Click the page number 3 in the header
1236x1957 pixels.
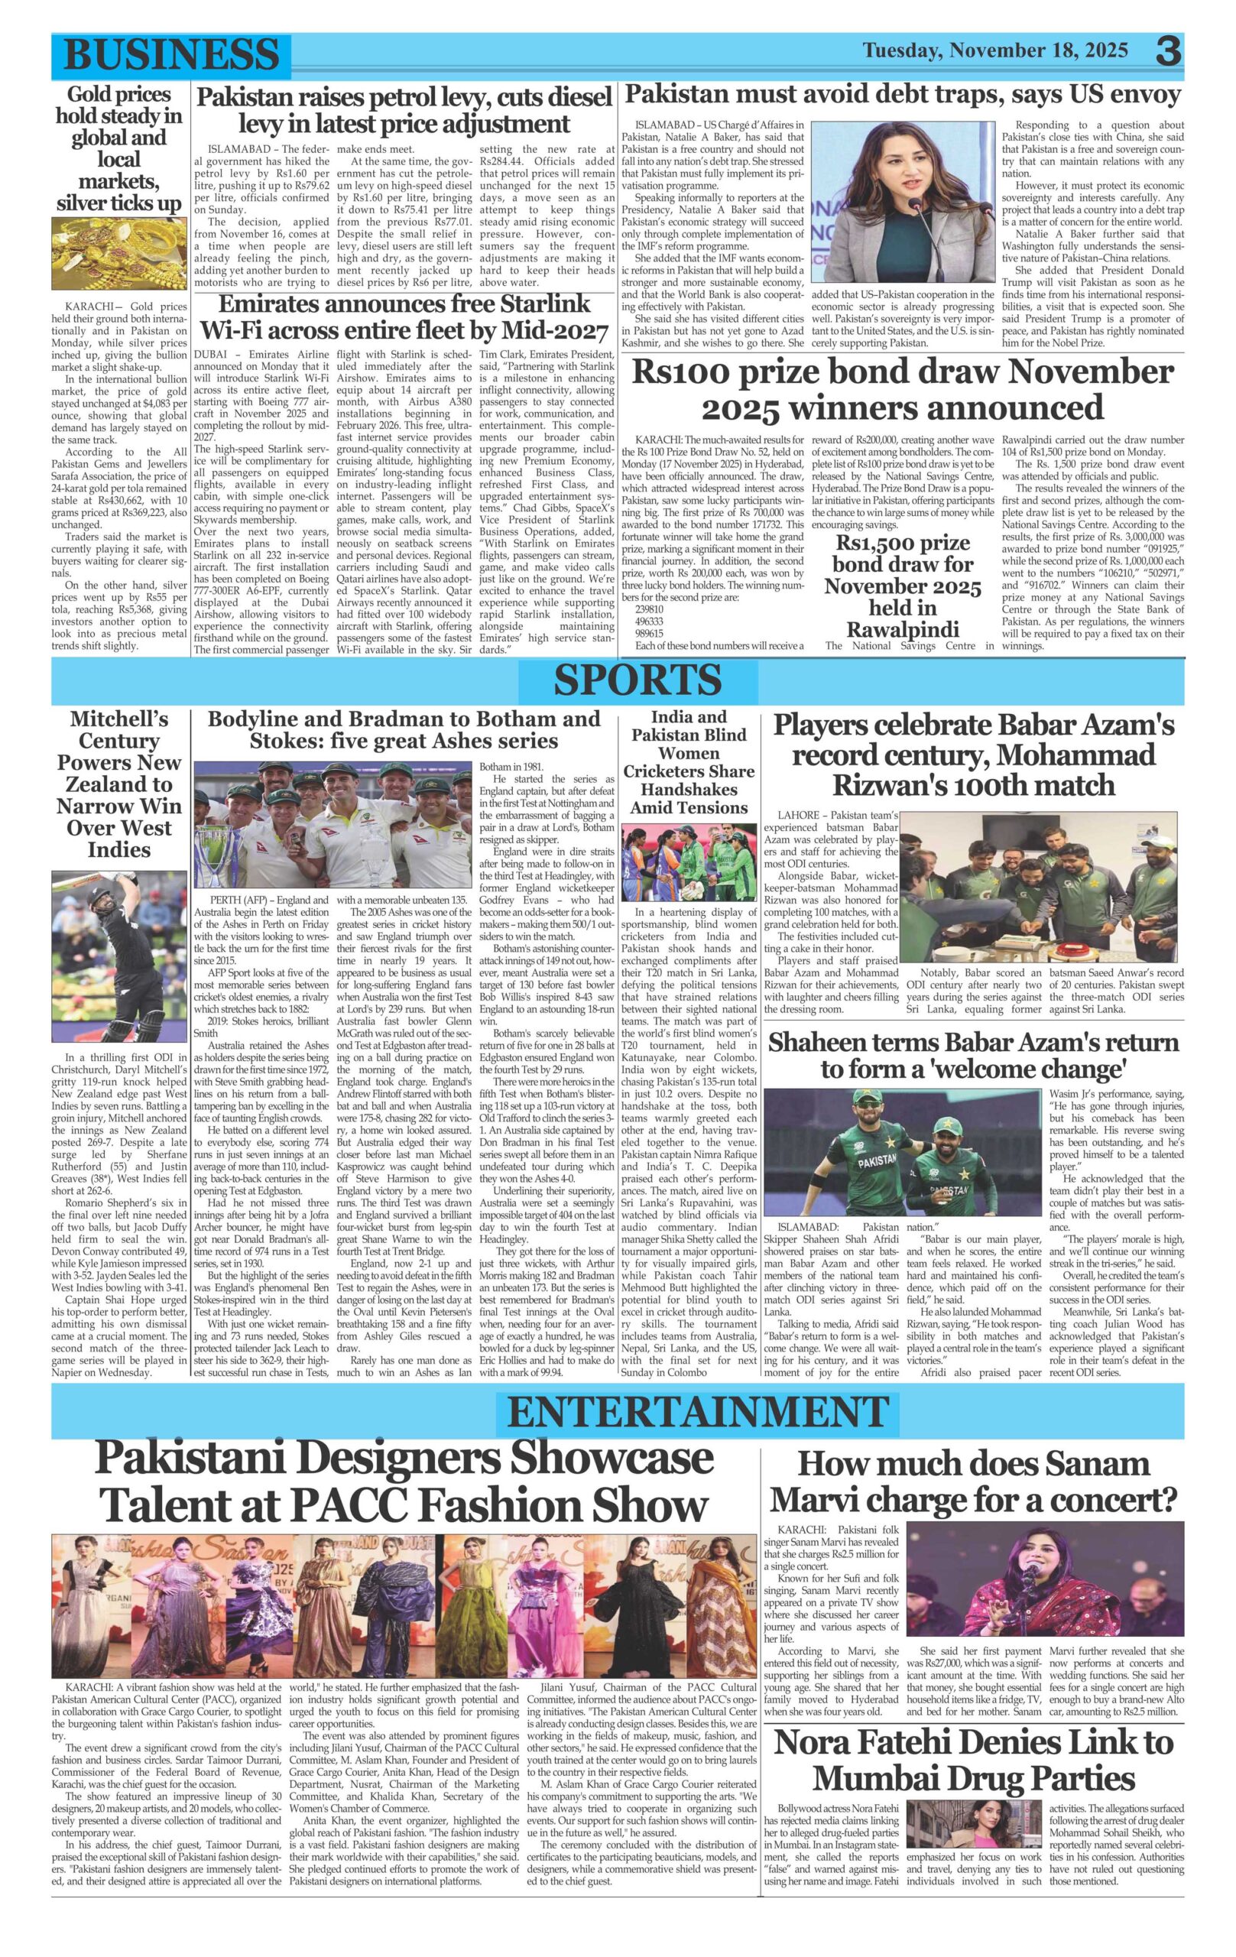(x=1169, y=51)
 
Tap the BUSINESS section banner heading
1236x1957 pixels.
(x=170, y=55)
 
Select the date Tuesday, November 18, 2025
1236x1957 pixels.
(x=994, y=50)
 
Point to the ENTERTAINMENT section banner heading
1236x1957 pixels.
(x=697, y=1413)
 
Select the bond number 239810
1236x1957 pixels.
(x=648, y=609)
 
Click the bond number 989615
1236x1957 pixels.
(x=648, y=633)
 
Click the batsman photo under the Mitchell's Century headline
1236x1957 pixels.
(x=118, y=959)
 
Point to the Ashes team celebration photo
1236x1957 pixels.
(x=333, y=825)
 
